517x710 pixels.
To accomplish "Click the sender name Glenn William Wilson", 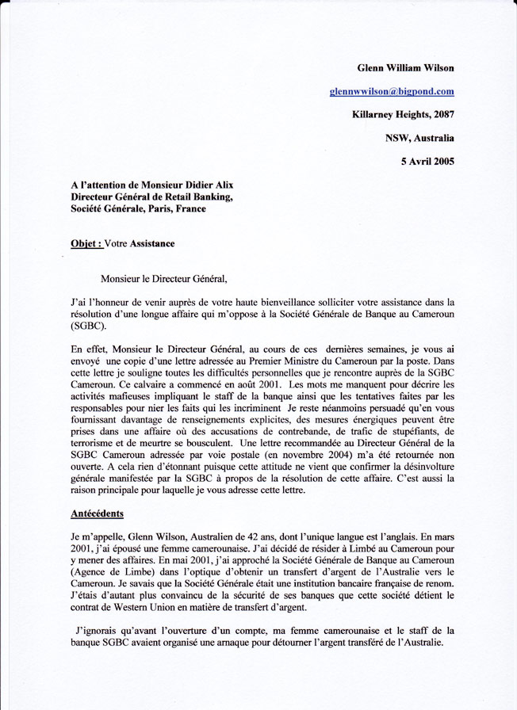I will point(405,68).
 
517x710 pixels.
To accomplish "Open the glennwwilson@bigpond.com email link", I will point(392,91).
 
